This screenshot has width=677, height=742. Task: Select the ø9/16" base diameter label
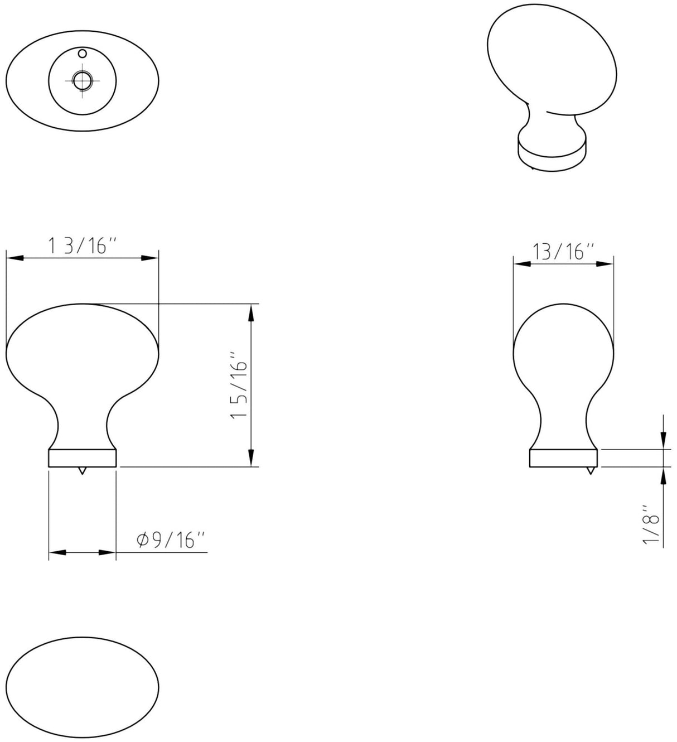(171, 540)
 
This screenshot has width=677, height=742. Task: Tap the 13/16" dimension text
(563, 252)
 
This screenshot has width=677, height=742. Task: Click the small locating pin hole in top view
(83, 54)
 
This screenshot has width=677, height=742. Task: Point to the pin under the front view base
(83, 471)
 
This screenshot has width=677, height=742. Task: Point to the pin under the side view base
(590, 471)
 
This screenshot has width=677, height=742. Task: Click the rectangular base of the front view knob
(83, 457)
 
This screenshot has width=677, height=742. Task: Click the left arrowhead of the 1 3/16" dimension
(14, 258)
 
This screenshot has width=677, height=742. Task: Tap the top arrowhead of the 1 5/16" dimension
(252, 312)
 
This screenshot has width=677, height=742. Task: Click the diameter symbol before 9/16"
(141, 540)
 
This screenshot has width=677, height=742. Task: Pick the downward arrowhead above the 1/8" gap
(663, 440)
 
